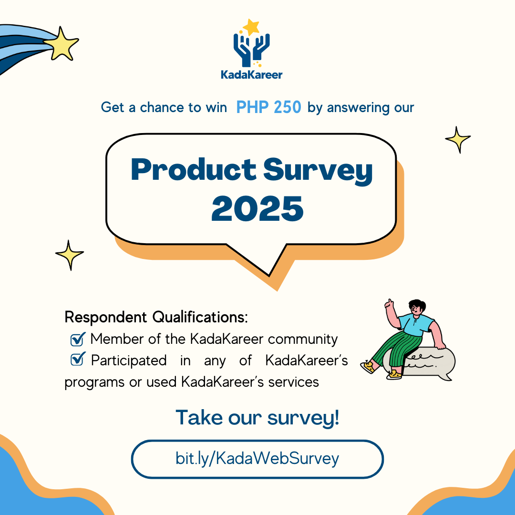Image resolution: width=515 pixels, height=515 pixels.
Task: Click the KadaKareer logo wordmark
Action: pos(252,75)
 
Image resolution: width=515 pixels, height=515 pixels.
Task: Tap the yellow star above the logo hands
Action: pos(252,27)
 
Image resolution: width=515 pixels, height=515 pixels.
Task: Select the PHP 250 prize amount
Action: pos(268,107)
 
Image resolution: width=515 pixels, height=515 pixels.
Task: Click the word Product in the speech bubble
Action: pos(194,169)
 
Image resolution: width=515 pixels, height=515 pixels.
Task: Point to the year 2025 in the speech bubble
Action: pos(257,208)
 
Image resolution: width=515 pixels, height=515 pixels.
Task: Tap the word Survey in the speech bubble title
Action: pos(318,171)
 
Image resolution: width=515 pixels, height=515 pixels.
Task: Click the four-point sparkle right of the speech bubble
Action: pos(458,140)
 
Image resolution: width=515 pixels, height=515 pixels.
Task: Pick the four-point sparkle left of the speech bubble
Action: pos(69,255)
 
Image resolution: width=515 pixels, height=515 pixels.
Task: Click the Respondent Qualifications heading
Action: pos(156,317)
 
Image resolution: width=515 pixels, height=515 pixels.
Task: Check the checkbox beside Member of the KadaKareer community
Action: pos(78,339)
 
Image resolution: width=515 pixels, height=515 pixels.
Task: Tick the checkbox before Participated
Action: pos(78,359)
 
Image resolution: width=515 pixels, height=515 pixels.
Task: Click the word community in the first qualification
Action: pos(303,340)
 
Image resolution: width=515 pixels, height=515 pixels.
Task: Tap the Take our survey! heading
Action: pos(257,418)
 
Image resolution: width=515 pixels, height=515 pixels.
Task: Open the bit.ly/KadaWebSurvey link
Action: pos(257,459)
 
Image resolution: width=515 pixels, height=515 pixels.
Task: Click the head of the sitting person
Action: pos(416,308)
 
